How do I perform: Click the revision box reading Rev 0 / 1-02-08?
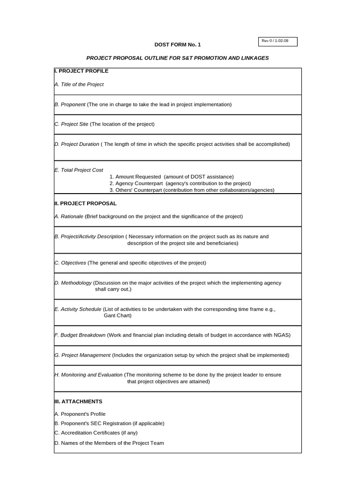coord(278,41)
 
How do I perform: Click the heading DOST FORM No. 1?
coord(178,45)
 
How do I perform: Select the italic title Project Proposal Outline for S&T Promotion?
coord(178,58)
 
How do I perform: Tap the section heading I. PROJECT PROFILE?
coord(82,71)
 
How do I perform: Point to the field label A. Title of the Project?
coord(79,84)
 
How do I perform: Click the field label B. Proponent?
coord(70,105)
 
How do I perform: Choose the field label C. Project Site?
coord(71,124)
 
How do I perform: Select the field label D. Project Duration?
coord(77,144)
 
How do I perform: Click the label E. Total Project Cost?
coord(79,170)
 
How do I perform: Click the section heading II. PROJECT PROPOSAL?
coord(85,203)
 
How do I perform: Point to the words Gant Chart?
coord(118,315)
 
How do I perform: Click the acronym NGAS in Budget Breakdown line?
coord(281,335)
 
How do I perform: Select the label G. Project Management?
coord(82,355)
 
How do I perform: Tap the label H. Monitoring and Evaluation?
coord(89,375)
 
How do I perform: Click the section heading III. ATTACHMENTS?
coord(78,402)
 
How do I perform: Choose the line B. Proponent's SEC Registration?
coord(109,423)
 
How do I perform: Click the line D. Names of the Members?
coord(109,443)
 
